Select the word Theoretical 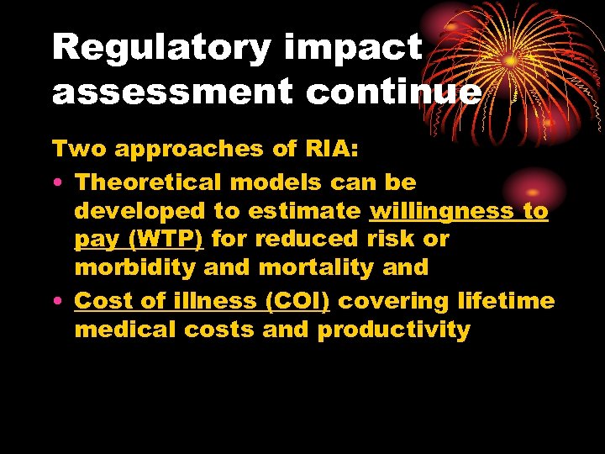pos(149,182)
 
